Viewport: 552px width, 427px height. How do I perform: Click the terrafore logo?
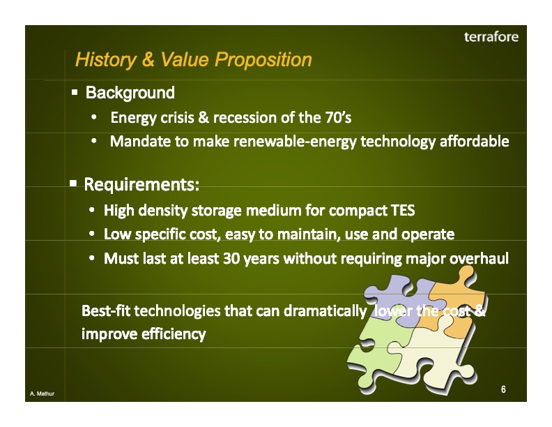491,37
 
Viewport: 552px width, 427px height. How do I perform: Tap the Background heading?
130,92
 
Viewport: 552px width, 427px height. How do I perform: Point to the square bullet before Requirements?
73,185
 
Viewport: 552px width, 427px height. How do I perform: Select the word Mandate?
140,142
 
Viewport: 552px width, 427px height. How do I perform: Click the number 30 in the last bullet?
231,259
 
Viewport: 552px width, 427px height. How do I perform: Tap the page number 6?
503,389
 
